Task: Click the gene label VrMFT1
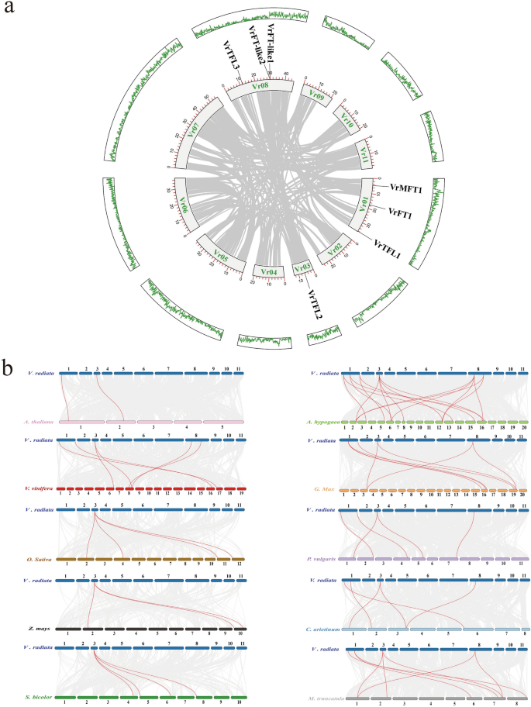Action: tap(401, 188)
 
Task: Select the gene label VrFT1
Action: tap(401, 212)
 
